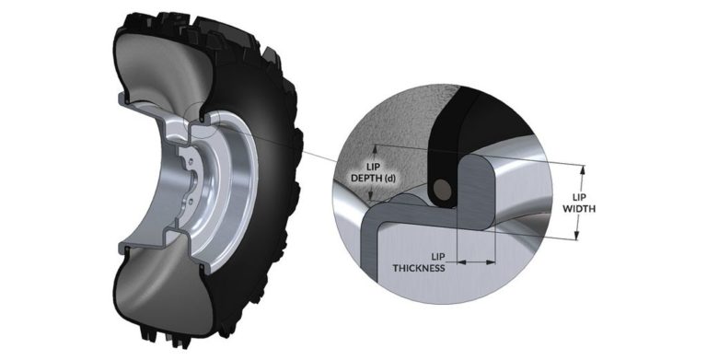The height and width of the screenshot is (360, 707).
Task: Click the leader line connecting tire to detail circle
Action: tap(276, 138)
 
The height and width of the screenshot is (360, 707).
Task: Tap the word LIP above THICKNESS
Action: tap(440, 255)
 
